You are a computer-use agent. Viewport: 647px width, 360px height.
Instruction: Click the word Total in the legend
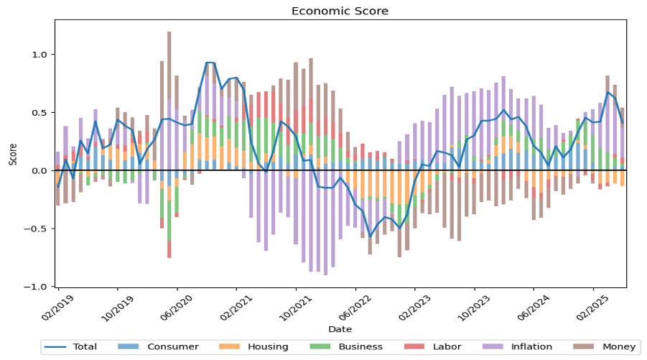click(x=85, y=347)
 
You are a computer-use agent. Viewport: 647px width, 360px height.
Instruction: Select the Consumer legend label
click(x=173, y=347)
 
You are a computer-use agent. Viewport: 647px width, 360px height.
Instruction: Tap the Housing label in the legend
click(x=268, y=347)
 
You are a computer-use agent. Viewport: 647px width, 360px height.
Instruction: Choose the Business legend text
click(x=360, y=347)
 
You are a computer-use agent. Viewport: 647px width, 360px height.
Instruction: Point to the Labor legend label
click(x=447, y=347)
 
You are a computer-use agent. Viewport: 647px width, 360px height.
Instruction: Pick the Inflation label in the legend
click(x=531, y=347)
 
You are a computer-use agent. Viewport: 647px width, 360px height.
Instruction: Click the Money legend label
click(x=619, y=347)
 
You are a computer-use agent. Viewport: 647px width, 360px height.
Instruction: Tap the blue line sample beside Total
click(x=55, y=347)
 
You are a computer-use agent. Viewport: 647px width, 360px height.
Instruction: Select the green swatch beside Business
click(x=319, y=347)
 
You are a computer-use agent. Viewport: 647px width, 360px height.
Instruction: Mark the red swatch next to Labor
click(x=413, y=347)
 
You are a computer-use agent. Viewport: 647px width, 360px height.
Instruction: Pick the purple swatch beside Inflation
click(x=491, y=347)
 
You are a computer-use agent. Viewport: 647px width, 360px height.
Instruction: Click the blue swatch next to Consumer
click(x=127, y=347)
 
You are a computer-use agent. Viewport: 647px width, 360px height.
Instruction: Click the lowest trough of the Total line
click(x=371, y=235)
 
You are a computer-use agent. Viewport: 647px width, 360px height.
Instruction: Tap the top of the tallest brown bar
click(x=169, y=32)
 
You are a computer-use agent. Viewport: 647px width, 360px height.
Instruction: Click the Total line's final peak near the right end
click(x=608, y=92)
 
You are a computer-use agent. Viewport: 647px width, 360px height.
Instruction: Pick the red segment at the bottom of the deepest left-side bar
click(x=169, y=249)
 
